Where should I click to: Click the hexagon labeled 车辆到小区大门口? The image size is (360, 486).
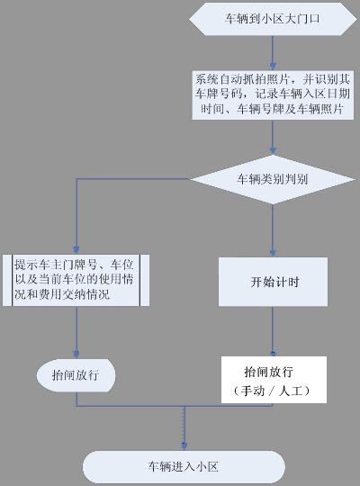point(273,19)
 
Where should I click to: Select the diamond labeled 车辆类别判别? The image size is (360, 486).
point(273,179)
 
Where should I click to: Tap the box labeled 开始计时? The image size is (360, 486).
point(273,282)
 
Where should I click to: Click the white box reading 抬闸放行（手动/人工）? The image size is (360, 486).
point(274,380)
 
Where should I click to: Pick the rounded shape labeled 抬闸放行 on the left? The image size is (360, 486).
point(76,375)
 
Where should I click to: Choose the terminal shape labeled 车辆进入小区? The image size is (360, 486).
point(184,466)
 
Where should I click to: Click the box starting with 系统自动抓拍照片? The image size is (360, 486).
point(273,94)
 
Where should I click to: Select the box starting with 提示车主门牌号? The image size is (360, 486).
point(76,280)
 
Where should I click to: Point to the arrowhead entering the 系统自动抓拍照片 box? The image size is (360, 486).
point(273,67)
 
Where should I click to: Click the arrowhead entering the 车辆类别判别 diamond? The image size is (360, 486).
point(273,150)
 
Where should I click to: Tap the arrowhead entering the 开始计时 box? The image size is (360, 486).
point(273,253)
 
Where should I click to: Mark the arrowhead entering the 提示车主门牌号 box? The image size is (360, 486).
point(76,250)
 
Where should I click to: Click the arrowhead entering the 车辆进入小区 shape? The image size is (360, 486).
point(184,446)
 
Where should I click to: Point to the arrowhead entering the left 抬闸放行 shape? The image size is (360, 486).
point(76,355)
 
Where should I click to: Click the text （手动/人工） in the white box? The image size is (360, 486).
point(272,391)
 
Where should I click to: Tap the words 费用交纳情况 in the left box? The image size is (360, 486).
point(75,294)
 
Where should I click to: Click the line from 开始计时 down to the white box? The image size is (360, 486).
point(273,331)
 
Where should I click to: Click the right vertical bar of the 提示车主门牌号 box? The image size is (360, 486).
point(139,281)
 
